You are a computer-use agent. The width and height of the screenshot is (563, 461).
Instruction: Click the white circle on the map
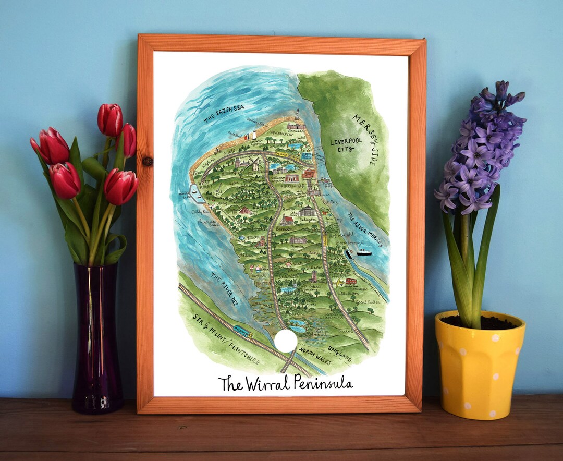(286, 341)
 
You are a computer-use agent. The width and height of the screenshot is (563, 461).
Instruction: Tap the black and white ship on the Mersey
(364, 252)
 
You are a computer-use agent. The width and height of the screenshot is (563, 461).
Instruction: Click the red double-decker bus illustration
(351, 282)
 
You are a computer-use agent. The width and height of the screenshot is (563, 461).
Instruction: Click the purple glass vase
(97, 339)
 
